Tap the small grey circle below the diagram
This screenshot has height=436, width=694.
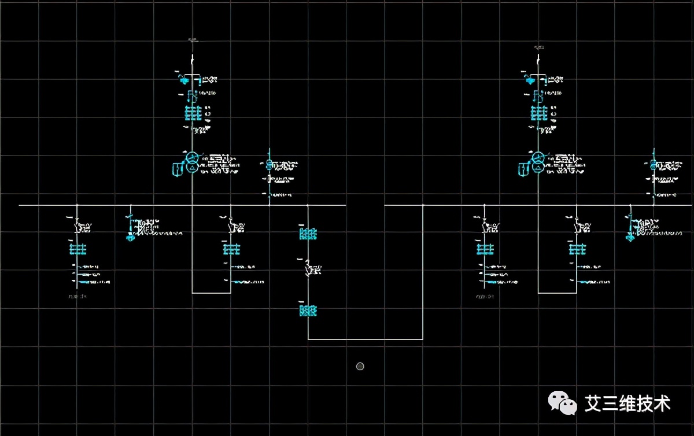tap(360, 366)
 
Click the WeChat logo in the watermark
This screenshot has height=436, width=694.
tap(562, 402)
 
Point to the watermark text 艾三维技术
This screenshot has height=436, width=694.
tap(627, 403)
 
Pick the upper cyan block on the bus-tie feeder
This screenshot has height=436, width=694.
tap(308, 234)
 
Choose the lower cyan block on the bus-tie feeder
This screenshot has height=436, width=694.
tap(308, 311)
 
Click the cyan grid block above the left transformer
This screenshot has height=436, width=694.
tap(192, 112)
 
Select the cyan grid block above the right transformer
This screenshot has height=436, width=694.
tap(538, 112)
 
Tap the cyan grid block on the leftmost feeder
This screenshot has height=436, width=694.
tap(77, 249)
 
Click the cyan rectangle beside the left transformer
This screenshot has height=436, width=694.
tap(177, 169)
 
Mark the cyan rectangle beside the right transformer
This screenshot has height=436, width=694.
tap(523, 169)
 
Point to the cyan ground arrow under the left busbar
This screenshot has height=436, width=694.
tap(131, 235)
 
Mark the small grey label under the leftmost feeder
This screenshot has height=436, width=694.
tap(77, 297)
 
